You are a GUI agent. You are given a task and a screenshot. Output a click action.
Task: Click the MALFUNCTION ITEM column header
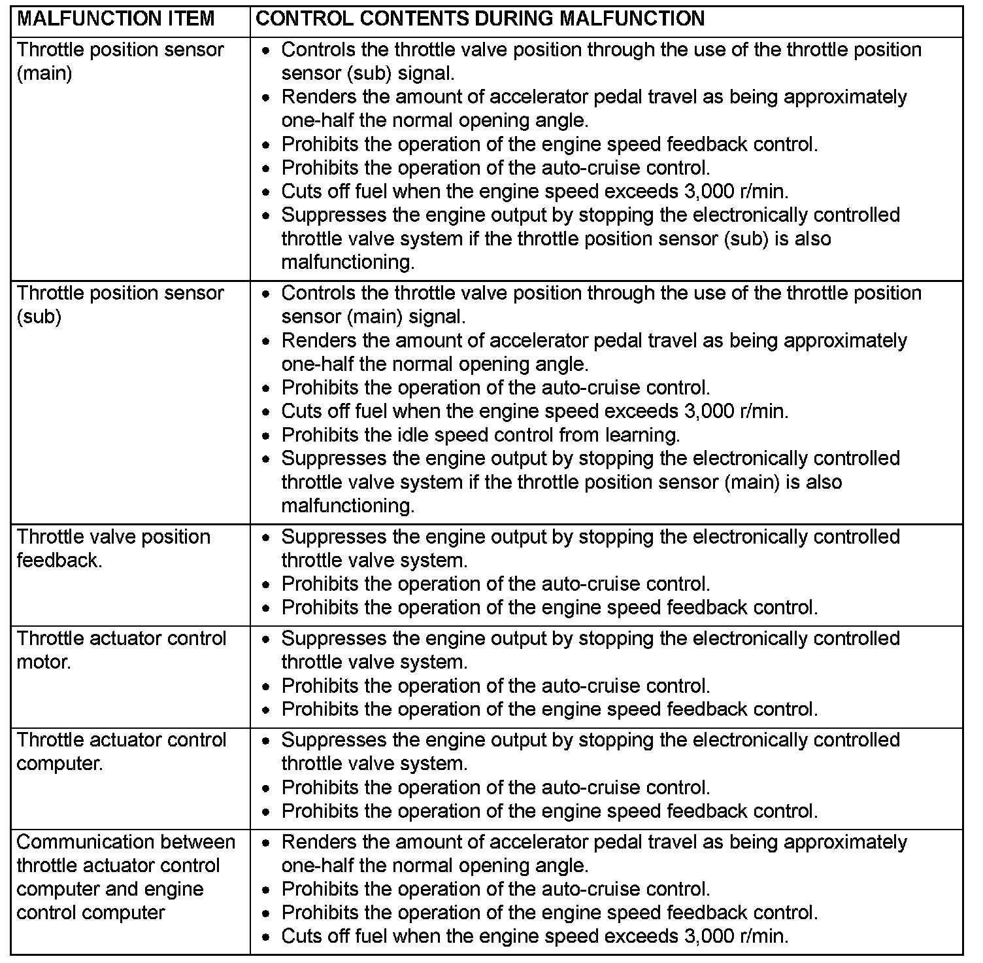point(116,18)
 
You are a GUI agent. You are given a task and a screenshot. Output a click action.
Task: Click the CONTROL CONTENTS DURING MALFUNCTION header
point(480,18)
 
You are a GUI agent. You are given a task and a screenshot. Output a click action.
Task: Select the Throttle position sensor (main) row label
point(120,61)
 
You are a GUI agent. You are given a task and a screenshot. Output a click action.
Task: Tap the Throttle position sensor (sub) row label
point(120,304)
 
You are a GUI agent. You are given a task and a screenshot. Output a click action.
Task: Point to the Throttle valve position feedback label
point(114,548)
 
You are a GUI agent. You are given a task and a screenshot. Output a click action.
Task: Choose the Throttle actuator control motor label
point(122,650)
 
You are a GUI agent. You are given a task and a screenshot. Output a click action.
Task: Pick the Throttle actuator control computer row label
point(122,751)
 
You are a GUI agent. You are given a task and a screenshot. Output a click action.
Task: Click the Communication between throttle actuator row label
point(125,877)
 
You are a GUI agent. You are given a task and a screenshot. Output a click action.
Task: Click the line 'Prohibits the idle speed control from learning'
point(481,435)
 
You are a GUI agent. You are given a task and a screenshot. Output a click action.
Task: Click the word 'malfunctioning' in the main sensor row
point(347,262)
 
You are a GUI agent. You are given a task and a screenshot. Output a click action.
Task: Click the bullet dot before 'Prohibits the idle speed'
point(266,436)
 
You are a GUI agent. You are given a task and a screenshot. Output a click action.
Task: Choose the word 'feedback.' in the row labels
point(59,561)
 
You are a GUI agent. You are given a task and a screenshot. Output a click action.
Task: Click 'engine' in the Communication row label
point(176,889)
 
